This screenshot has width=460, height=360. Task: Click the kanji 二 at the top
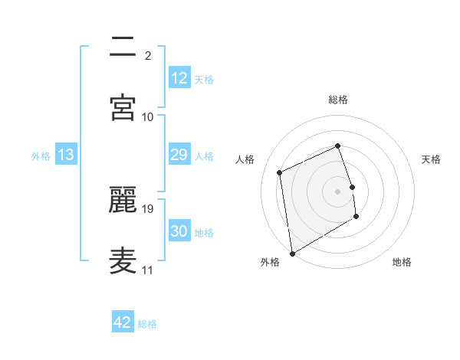point(123,47)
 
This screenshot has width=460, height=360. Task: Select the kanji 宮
point(123,106)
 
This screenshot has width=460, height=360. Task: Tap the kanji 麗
point(123,199)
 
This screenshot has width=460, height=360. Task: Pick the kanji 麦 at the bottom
point(123,260)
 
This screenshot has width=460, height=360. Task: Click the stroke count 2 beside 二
point(148,56)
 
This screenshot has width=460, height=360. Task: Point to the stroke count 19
point(148,208)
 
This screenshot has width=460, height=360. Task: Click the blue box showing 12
point(179,78)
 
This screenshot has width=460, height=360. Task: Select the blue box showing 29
point(179,155)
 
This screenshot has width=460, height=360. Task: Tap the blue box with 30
point(179,231)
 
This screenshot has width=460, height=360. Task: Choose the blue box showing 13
point(66,155)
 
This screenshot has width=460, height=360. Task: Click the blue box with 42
point(123,322)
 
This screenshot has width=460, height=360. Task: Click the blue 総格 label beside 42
point(147,324)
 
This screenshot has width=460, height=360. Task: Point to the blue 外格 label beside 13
point(41,155)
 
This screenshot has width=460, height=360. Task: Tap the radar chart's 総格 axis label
point(338,100)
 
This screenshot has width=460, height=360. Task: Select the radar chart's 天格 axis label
point(432,159)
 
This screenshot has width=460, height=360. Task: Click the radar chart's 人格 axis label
point(245,159)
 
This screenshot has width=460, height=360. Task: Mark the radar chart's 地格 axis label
point(402,262)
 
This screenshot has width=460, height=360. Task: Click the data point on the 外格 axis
point(292,253)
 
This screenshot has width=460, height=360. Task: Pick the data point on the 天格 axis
point(352,187)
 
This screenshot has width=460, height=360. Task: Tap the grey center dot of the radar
point(338,191)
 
